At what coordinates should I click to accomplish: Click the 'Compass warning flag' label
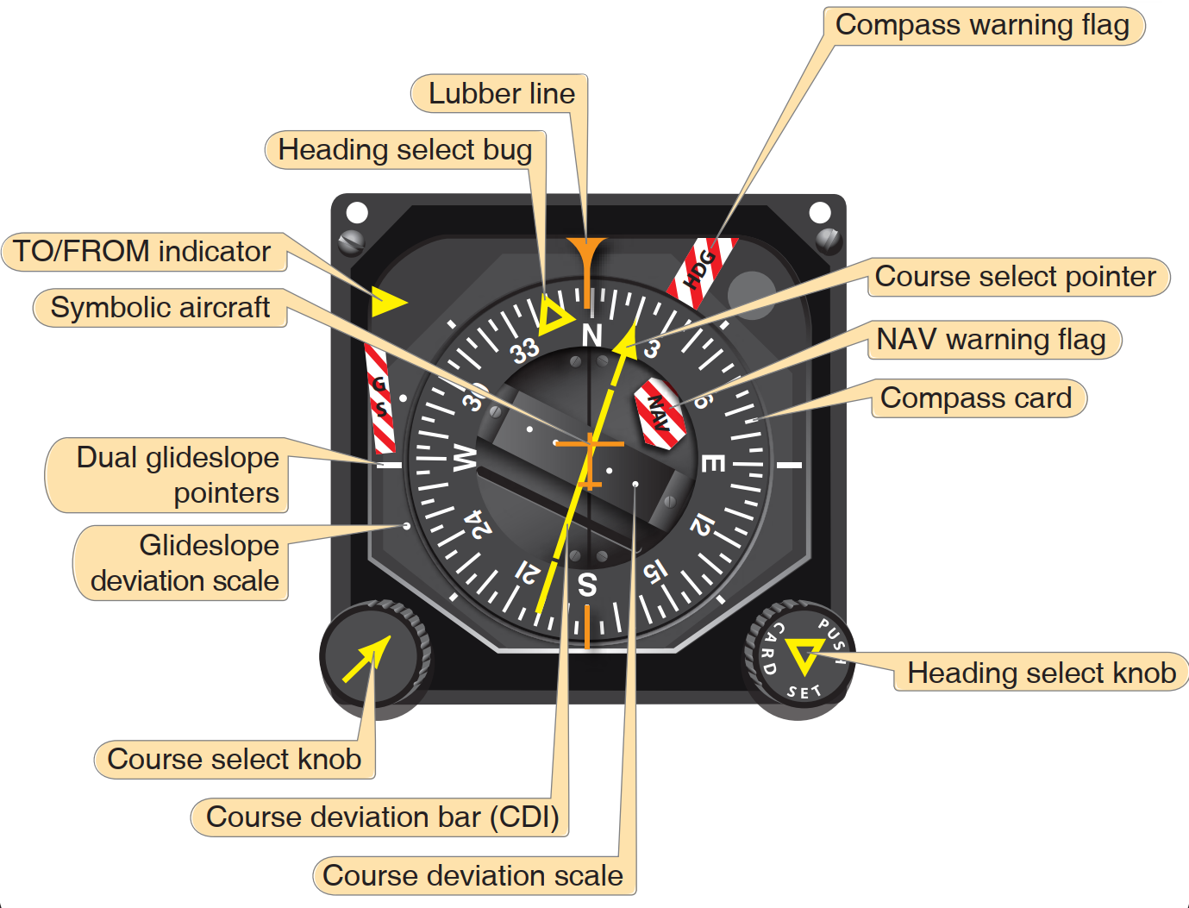[982, 25]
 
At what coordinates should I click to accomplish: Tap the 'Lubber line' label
[501, 93]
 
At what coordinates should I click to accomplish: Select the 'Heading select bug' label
[404, 150]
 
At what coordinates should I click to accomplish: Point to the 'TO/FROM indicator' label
[142, 252]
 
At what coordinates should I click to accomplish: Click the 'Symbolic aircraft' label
[160, 308]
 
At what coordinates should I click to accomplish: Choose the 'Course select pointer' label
[1015, 277]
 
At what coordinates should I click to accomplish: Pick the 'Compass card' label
[976, 398]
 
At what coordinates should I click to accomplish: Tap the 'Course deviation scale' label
[472, 875]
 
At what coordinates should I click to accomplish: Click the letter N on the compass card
[591, 335]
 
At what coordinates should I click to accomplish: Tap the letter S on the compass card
[587, 585]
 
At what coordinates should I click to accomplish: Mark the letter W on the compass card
[465, 458]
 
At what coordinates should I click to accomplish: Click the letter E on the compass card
[712, 463]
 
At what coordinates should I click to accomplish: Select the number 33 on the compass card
[524, 350]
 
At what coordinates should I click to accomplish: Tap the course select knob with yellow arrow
[374, 656]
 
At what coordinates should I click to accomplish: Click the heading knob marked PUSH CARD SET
[799, 660]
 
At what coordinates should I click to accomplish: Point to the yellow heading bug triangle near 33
[554, 316]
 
